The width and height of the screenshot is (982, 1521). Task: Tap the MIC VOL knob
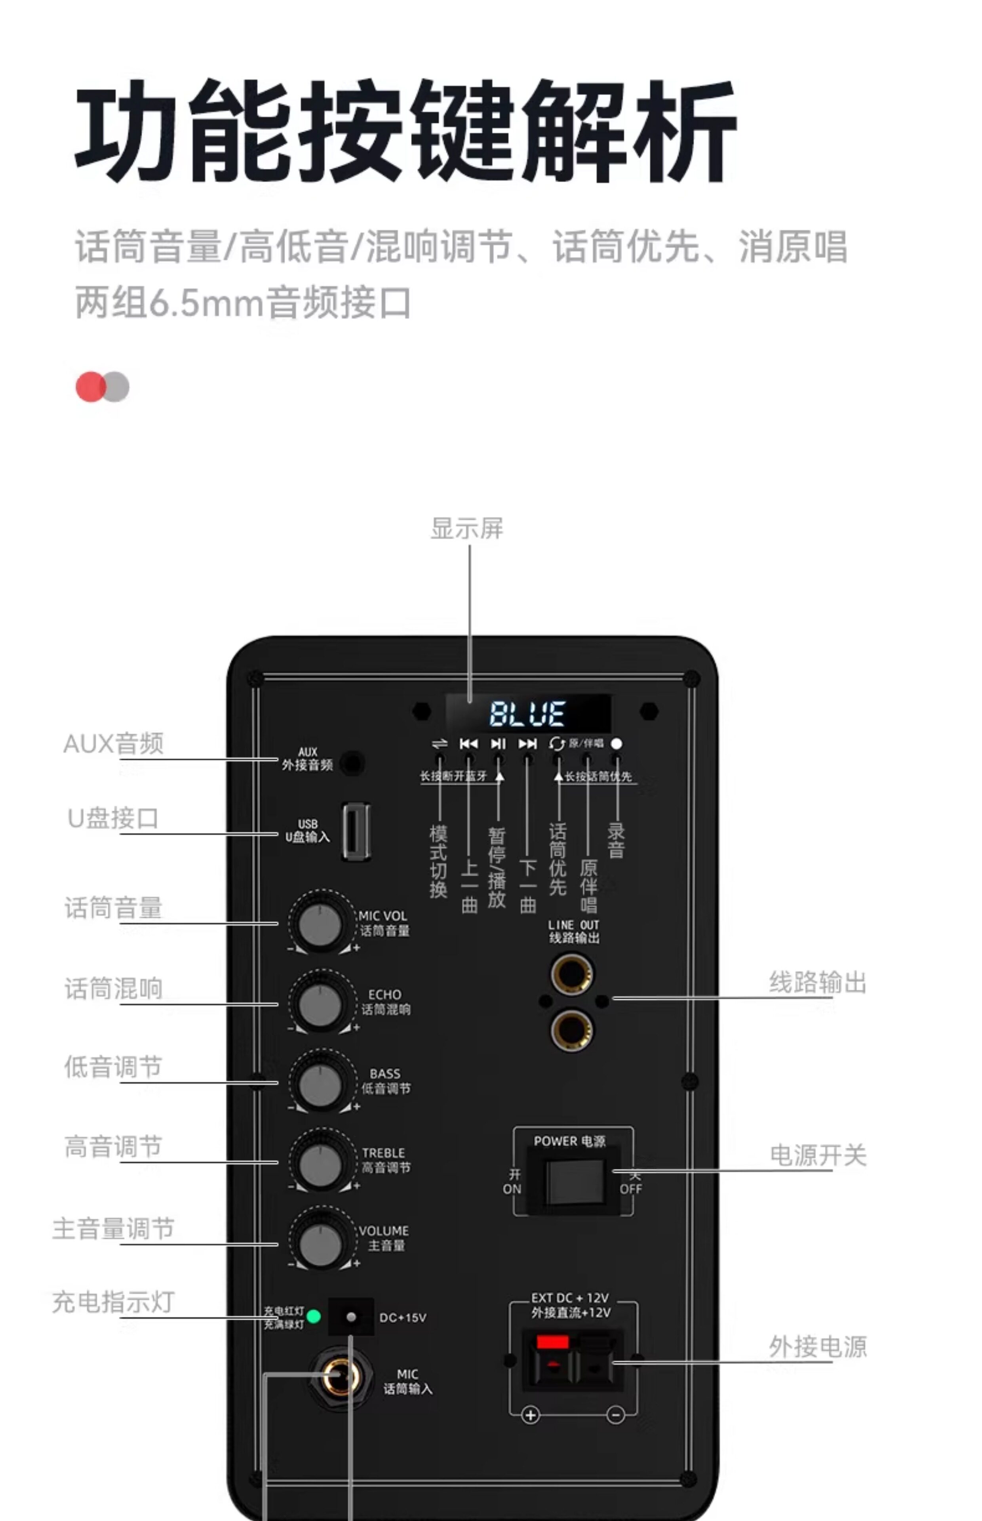point(320,923)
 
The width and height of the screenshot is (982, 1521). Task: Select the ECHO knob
point(320,1004)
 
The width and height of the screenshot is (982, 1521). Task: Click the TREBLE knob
point(320,1163)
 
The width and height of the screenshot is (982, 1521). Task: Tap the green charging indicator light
point(314,1316)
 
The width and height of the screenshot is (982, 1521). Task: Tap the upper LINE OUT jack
point(571,974)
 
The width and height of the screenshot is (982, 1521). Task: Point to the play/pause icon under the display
point(498,743)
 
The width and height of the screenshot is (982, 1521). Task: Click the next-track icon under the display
point(527,743)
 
